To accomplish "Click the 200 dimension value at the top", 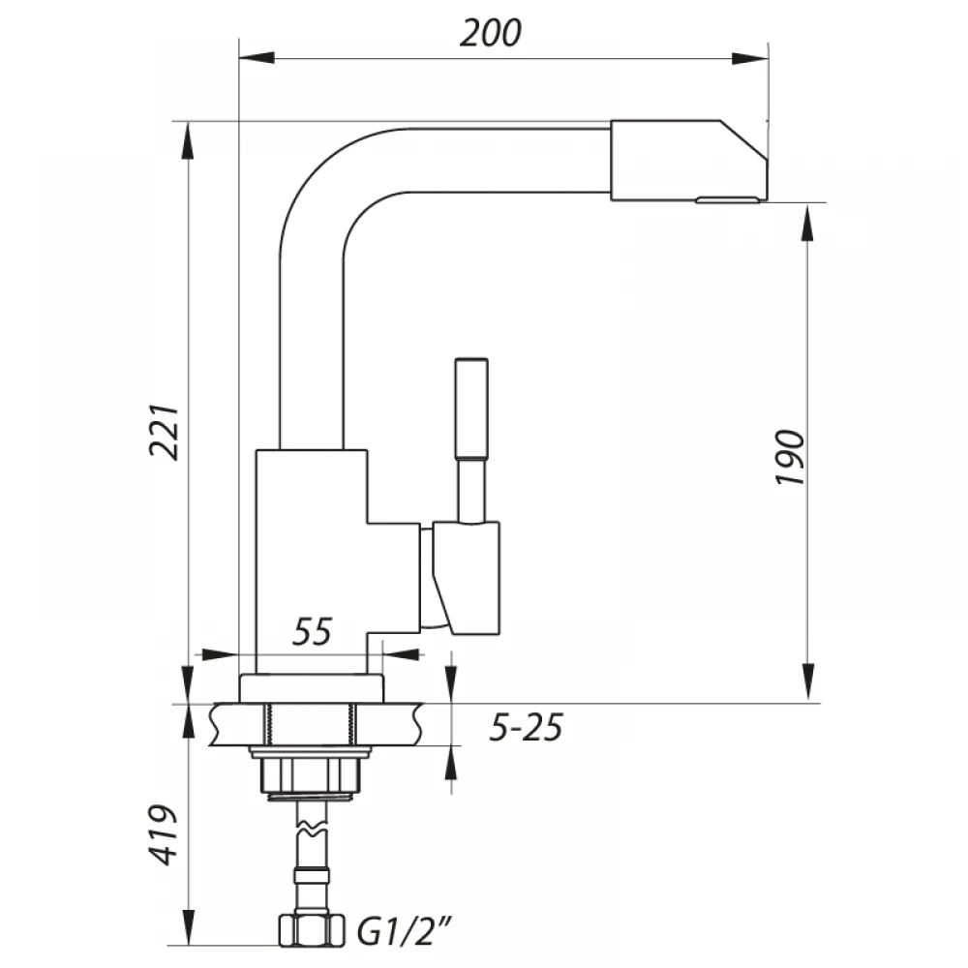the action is [x=490, y=33].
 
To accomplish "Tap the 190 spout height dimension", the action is [x=791, y=457].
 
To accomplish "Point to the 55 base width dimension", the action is [x=312, y=631].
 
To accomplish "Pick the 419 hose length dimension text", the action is [x=165, y=834].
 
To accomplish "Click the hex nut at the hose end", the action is [x=311, y=931].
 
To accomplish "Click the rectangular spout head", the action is [x=689, y=161].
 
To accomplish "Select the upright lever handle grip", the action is [x=471, y=408].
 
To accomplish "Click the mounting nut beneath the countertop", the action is [x=312, y=774].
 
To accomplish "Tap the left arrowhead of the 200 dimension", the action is [x=257, y=58].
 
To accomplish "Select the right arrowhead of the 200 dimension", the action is [x=750, y=59].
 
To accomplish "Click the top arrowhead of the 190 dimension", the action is [x=808, y=223].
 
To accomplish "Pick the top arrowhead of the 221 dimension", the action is [x=189, y=140].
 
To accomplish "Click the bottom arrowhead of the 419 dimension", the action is [x=189, y=926].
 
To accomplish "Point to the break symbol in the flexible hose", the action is [x=311, y=826].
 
